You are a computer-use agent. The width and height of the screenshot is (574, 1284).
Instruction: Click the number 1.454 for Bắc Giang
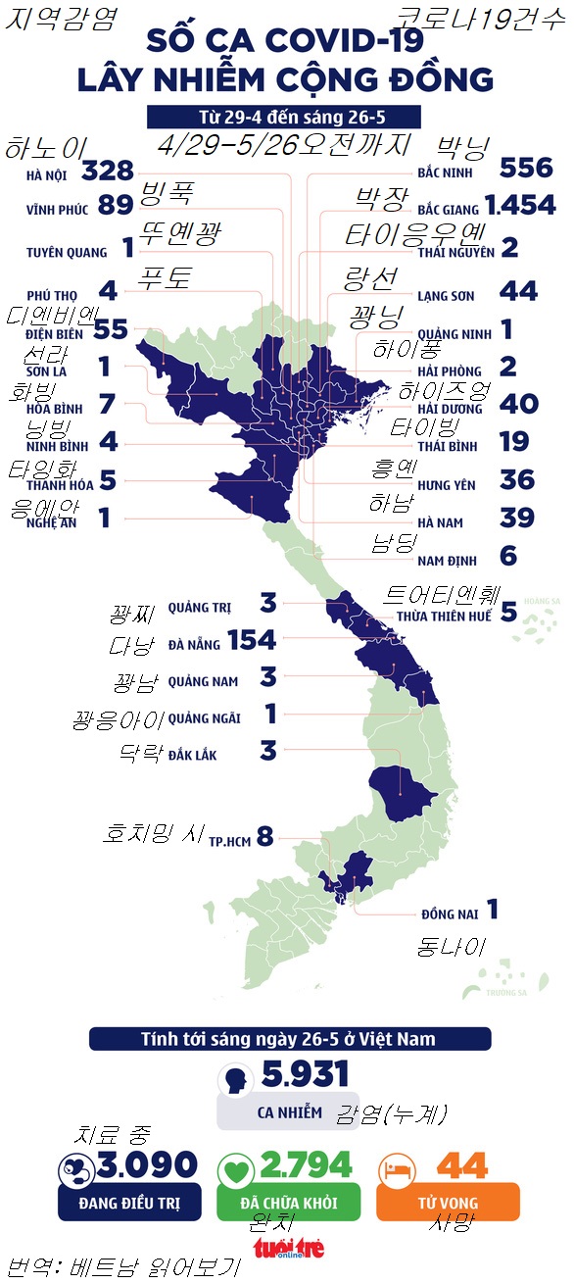point(519,206)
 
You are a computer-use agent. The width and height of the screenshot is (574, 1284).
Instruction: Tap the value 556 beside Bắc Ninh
point(525,168)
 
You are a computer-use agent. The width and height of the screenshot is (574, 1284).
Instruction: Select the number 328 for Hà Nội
point(108,172)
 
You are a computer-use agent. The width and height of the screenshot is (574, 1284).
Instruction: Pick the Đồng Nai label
point(450,914)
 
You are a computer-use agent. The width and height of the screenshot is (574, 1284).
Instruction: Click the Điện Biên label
point(56,332)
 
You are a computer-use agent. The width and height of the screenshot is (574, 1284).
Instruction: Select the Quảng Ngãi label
point(204,718)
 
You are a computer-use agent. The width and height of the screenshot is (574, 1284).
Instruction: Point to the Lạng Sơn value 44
point(519,291)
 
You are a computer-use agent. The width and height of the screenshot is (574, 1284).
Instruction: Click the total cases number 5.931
point(305,1075)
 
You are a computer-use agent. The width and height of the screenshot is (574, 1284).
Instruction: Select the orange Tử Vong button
point(448,1202)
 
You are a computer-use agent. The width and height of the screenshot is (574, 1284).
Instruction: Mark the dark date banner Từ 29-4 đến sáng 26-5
point(285,117)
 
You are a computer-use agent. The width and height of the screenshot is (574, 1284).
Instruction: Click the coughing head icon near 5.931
point(234,1081)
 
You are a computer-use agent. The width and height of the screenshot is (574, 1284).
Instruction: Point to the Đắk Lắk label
point(193,755)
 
